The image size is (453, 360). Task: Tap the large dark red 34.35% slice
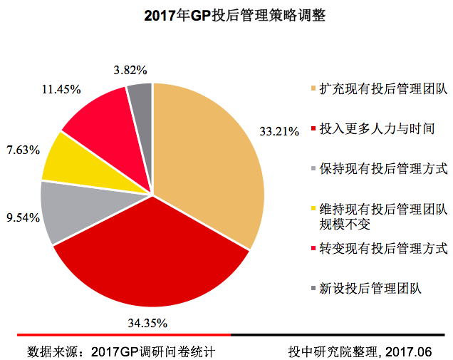point(153,253)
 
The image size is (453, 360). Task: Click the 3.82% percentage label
point(130,70)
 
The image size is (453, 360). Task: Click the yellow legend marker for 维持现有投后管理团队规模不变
point(313,209)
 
